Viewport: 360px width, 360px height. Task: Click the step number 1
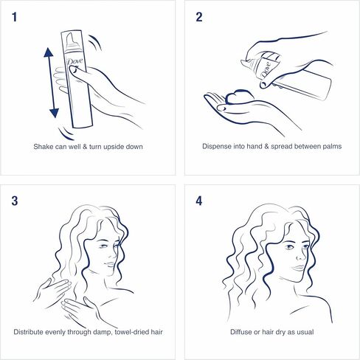[x=17, y=18]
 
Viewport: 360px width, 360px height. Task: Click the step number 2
[x=198, y=18]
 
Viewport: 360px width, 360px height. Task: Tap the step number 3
[x=17, y=200]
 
